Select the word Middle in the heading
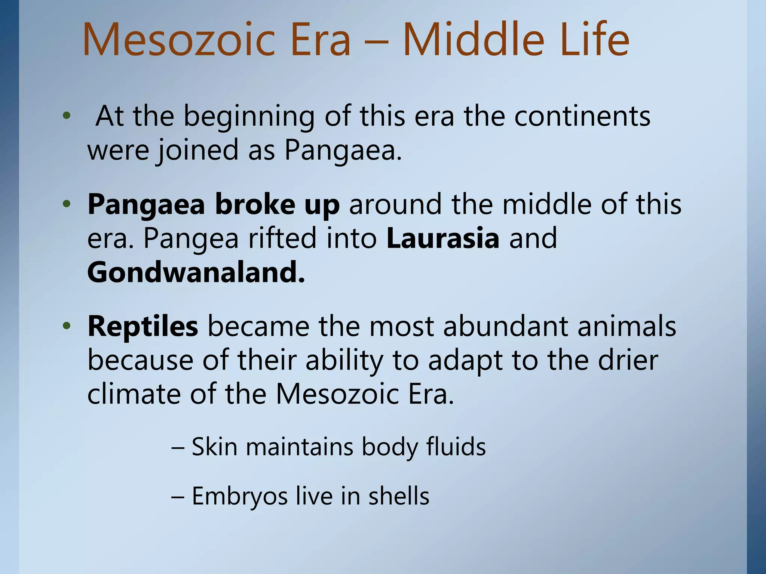coord(473,40)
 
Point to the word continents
coord(582,116)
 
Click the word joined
coord(197,150)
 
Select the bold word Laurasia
coord(443,238)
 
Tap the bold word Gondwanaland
coord(196,272)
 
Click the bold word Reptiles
coord(143,326)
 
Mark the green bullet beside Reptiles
coord(67,326)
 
